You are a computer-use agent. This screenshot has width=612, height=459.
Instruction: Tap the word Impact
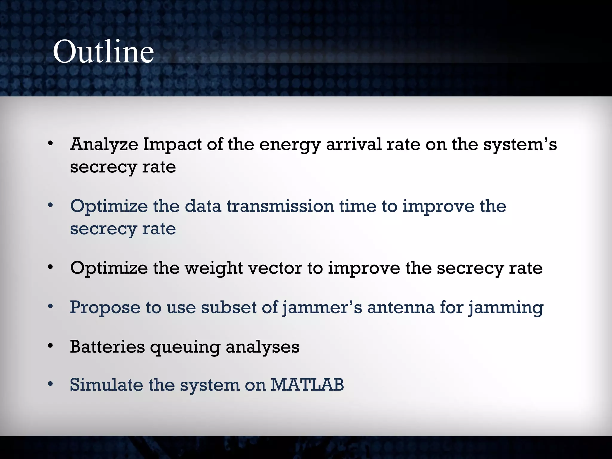172,145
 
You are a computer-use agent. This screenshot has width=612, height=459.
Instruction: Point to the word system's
520,145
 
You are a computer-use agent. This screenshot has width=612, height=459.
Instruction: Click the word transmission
280,206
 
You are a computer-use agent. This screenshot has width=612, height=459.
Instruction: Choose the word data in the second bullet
203,206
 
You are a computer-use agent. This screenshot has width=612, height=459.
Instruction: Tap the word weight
213,268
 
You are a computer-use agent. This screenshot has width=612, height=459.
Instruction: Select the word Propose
105,308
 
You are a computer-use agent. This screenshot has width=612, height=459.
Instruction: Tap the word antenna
401,308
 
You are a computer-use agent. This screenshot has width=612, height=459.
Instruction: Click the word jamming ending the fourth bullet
506,308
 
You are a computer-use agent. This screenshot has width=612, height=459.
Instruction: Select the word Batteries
107,347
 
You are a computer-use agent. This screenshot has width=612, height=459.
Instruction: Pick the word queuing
185,348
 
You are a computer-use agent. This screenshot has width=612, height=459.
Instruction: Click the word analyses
262,348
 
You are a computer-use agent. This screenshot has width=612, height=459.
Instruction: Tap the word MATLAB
307,385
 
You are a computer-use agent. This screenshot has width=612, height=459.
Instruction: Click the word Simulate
106,385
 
